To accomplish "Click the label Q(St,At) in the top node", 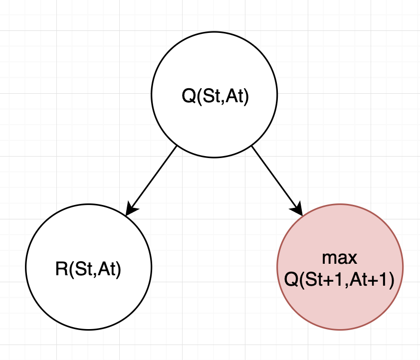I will coord(214,95).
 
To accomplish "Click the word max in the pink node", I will coord(340,258).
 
